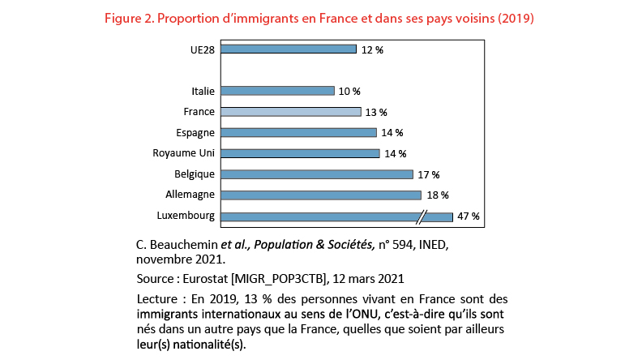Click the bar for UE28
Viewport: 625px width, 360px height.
tap(288, 49)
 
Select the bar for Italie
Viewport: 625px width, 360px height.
tap(277, 91)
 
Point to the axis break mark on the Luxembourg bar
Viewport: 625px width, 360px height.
tap(422, 216)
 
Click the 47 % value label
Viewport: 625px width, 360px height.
tap(469, 216)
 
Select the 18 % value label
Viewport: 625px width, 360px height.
tap(437, 195)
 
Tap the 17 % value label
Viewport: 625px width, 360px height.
tap(429, 174)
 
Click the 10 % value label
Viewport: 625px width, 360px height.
tap(350, 91)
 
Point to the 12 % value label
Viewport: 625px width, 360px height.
tap(372, 49)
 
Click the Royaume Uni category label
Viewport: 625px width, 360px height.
tap(183, 153)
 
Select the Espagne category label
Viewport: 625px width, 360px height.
tap(195, 132)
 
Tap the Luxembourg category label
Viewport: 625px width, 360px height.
tap(185, 216)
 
